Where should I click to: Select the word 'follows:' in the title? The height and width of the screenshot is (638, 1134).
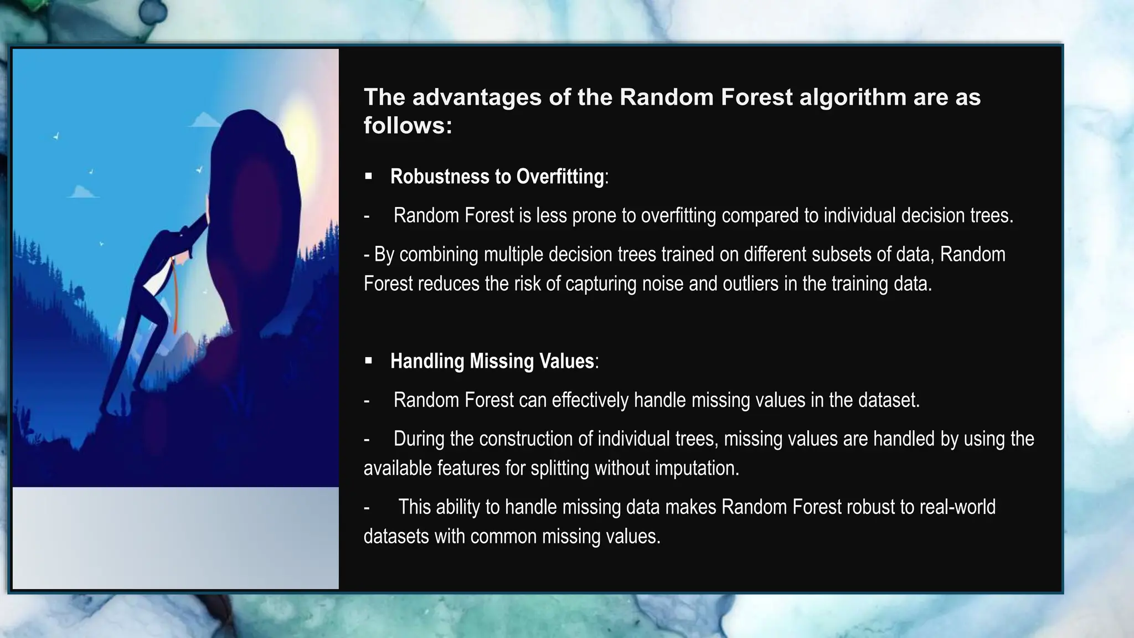408,126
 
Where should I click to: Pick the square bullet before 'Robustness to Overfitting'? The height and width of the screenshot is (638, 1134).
369,177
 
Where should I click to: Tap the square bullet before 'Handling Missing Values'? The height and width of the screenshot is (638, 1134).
369,361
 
